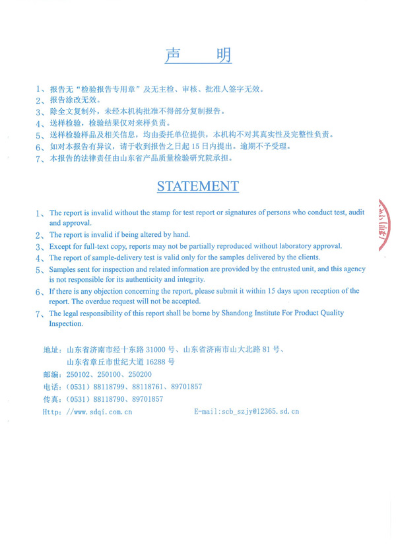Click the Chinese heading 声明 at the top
click(198, 56)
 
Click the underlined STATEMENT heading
click(198, 186)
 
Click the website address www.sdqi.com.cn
click(99, 411)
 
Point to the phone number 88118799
click(110, 387)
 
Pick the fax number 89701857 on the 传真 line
click(148, 399)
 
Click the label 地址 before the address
click(51, 350)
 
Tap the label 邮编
click(51, 374)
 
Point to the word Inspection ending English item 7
click(66, 324)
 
